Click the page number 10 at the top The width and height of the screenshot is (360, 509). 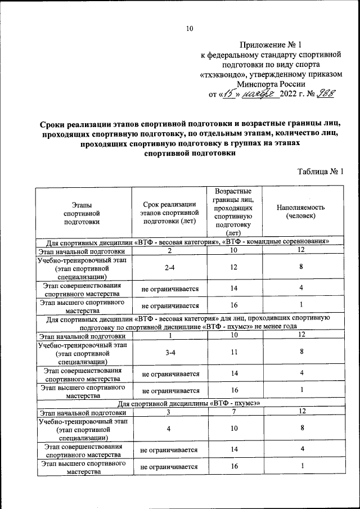(x=190, y=29)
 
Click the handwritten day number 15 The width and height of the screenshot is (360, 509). (x=231, y=93)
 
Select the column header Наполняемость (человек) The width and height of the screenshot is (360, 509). (x=301, y=211)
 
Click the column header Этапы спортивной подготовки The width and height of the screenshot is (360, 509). (x=82, y=214)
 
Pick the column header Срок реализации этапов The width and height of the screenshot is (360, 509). (x=169, y=212)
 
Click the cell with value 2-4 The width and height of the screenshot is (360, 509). (x=169, y=268)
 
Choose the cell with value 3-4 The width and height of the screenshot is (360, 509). (x=169, y=352)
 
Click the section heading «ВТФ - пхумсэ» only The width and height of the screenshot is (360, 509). (x=188, y=403)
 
